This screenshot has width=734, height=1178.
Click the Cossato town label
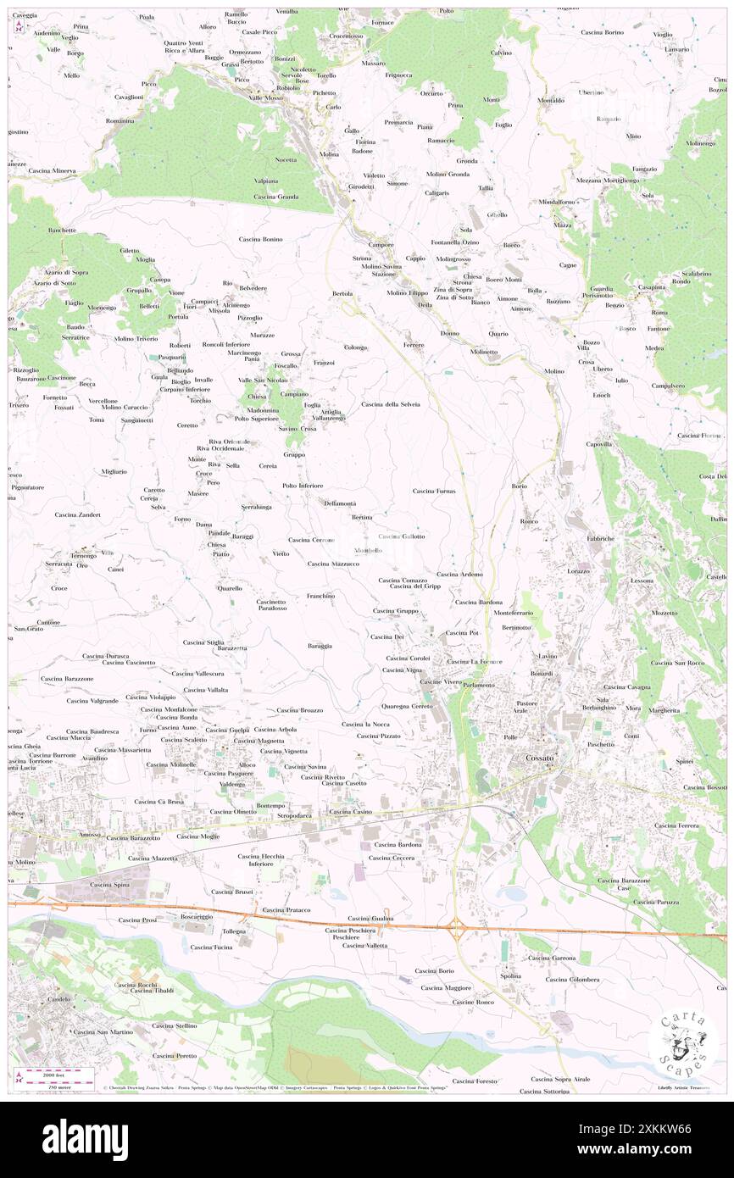[539, 758]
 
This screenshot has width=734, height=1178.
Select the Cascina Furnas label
[434, 491]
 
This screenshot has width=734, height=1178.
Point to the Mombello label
[367, 551]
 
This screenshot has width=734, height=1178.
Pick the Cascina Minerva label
[52, 171]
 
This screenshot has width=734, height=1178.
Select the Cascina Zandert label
[77, 514]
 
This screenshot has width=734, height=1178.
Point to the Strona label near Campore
[362, 258]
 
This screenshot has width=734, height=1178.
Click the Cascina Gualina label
[370, 918]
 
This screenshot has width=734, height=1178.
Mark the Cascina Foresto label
[475, 1081]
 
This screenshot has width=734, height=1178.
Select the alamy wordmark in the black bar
[85, 1139]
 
